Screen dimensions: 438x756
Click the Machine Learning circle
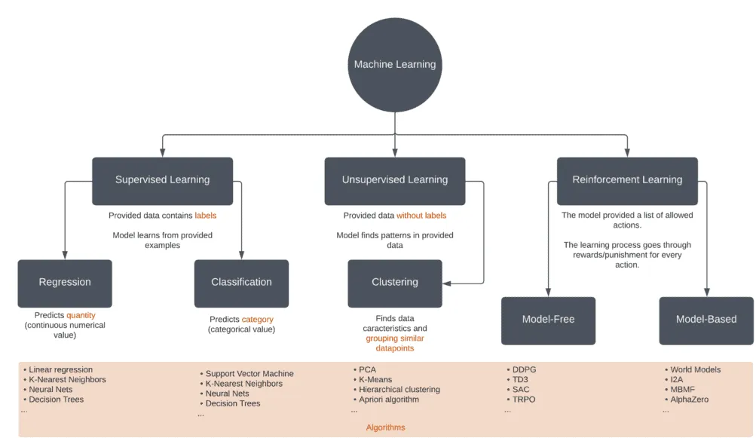click(395, 64)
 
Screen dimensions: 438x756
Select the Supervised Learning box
click(162, 180)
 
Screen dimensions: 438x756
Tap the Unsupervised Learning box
click(395, 180)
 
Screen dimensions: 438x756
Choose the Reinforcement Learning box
click(627, 180)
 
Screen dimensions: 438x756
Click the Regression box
click(65, 283)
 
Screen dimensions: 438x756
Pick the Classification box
click(241, 283)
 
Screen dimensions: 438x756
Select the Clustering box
click(395, 283)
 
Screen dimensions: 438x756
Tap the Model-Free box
click(548, 320)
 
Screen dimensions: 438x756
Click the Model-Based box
click(706, 320)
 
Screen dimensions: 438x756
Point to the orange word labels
click(205, 216)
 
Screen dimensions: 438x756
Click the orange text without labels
click(421, 216)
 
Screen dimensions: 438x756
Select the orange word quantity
click(81, 315)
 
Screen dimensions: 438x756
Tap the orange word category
click(257, 320)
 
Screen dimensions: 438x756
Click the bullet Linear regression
click(60, 370)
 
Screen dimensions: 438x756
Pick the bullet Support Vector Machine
click(249, 374)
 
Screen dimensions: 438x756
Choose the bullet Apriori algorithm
click(388, 400)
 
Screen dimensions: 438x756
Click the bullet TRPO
click(523, 400)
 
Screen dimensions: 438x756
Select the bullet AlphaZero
click(689, 400)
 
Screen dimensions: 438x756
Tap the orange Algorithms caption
click(385, 427)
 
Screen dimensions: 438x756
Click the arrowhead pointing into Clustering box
click(447, 283)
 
